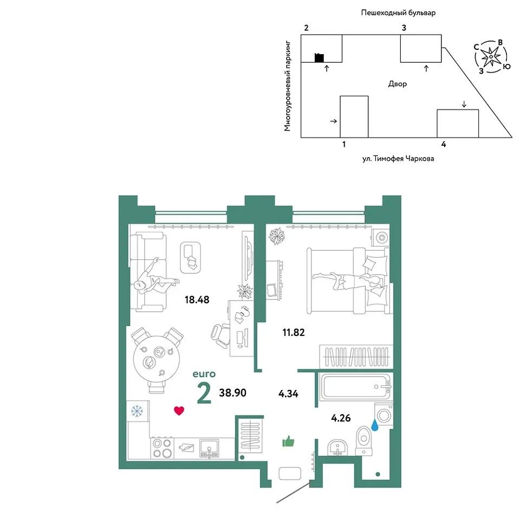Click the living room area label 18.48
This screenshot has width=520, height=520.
pyautogui.click(x=197, y=300)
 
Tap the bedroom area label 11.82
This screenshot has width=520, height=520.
pyautogui.click(x=294, y=332)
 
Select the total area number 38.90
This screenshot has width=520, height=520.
pyautogui.click(x=232, y=393)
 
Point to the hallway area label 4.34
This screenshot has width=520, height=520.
pyautogui.click(x=288, y=394)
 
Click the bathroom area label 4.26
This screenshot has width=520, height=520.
pyautogui.click(x=341, y=418)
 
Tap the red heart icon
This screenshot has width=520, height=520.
pyautogui.click(x=179, y=411)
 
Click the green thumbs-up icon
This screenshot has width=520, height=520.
pyautogui.click(x=288, y=441)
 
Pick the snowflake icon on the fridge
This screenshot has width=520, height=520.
pyautogui.click(x=137, y=411)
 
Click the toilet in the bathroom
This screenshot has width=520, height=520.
pyautogui.click(x=364, y=441)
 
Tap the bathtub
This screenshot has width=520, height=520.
pyautogui.click(x=356, y=387)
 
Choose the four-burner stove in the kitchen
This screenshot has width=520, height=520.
pyautogui.click(x=162, y=448)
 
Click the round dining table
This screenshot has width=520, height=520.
pyautogui.click(x=157, y=359)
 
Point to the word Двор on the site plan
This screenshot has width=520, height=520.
pyautogui.click(x=397, y=84)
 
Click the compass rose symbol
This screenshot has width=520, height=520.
pyautogui.click(x=491, y=56)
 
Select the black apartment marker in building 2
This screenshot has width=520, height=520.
pyautogui.click(x=319, y=58)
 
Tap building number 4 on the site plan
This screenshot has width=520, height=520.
pyautogui.click(x=444, y=144)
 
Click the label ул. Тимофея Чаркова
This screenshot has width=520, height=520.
pyautogui.click(x=398, y=159)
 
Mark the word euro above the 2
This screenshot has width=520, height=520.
pyautogui.click(x=204, y=374)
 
